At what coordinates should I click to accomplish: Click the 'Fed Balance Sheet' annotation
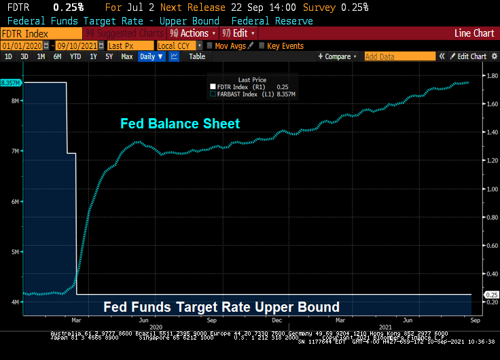(x=180, y=123)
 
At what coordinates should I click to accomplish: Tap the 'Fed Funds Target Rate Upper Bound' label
(x=221, y=307)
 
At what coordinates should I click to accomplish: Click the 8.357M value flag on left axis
(x=11, y=83)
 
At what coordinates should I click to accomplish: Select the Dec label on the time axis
(x=276, y=319)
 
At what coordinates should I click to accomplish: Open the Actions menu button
(x=193, y=33)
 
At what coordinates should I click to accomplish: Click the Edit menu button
(x=240, y=33)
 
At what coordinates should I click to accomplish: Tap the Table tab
(x=197, y=57)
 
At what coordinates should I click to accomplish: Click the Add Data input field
(x=398, y=57)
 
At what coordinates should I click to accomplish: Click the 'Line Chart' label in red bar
(x=474, y=33)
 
